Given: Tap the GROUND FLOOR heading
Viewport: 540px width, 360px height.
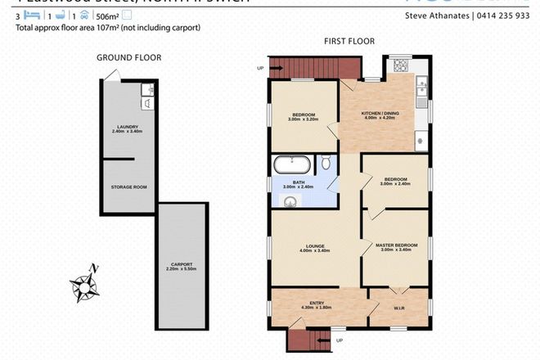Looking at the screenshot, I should [128, 57].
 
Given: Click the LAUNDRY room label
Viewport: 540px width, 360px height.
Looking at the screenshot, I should [128, 126].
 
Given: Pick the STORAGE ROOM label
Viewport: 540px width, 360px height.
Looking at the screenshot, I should [128, 187].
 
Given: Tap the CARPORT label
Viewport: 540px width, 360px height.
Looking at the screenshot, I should [182, 263].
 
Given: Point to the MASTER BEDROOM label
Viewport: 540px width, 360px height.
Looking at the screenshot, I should [397, 245].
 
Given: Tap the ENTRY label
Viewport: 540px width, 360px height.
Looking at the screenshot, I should [316, 303].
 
